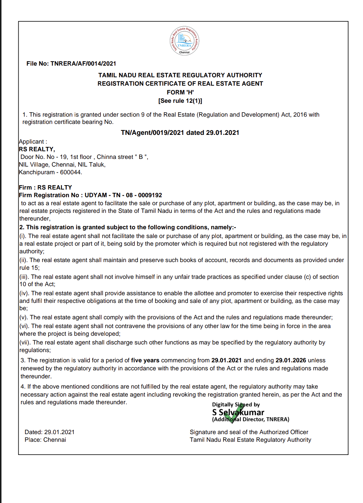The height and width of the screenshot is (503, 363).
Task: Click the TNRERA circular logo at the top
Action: pyautogui.click(x=184, y=41)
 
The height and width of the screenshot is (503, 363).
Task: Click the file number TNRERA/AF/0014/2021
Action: pyautogui.click(x=83, y=64)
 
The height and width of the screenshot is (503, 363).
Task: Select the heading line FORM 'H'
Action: pyautogui.click(x=180, y=92)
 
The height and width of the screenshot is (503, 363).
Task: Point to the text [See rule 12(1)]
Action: pyautogui.click(x=180, y=101)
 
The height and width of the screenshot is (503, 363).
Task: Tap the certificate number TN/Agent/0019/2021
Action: pyautogui.click(x=152, y=133)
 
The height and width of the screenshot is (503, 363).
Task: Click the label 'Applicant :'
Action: pyautogui.click(x=33, y=142)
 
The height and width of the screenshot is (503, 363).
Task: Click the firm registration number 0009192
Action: pyautogui.click(x=150, y=195)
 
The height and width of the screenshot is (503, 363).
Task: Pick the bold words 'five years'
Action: pyautogui.click(x=145, y=360)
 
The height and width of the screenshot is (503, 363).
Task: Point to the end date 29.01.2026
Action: pyautogui.click(x=290, y=360)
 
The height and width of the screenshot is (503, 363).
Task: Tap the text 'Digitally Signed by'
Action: pyautogui.click(x=236, y=405)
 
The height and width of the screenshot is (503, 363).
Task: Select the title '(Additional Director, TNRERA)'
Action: pyautogui.click(x=251, y=420)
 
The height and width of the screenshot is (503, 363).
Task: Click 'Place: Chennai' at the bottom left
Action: pyautogui.click(x=45, y=440)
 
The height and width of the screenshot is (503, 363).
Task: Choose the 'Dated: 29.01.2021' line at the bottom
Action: pyautogui.click(x=49, y=432)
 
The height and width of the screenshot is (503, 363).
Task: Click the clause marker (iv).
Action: pyautogui.click(x=24, y=293)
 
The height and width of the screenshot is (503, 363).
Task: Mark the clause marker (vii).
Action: pyautogui.click(x=25, y=343)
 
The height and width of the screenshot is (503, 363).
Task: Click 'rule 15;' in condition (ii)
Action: pyautogui.click(x=30, y=268)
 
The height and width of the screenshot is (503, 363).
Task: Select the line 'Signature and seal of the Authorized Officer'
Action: pyautogui.click(x=249, y=432)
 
